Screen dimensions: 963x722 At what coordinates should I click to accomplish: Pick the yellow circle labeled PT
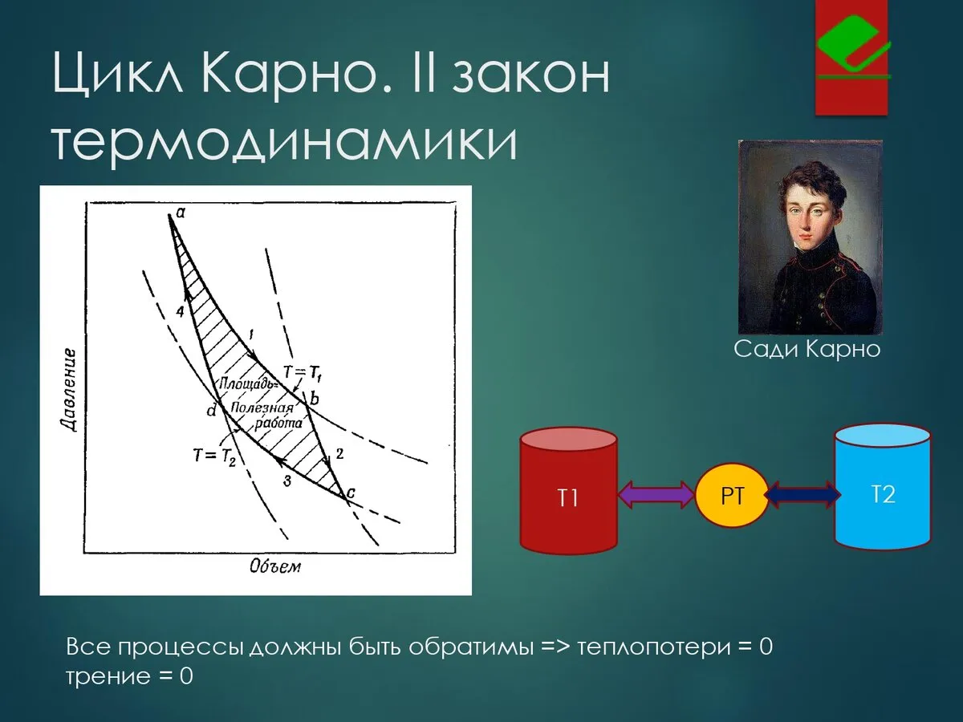click(732, 495)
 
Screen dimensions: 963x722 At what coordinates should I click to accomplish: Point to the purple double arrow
click(656, 495)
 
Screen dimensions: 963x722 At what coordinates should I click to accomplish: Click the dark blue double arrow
click(802, 495)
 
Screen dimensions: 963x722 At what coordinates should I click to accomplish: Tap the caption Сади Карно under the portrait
click(807, 350)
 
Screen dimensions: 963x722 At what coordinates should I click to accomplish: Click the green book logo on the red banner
click(853, 45)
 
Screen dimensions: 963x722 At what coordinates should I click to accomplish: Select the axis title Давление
click(68, 390)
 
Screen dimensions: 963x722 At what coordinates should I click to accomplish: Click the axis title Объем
click(275, 567)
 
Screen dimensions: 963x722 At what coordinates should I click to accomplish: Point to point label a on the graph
click(181, 213)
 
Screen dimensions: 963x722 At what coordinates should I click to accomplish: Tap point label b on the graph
click(314, 399)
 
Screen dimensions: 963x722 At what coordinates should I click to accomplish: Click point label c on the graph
click(350, 493)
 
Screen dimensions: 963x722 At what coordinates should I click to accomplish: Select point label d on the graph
click(212, 411)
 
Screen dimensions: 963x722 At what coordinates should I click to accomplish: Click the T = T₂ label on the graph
click(214, 456)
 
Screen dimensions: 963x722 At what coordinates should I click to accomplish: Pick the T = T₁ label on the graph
click(303, 373)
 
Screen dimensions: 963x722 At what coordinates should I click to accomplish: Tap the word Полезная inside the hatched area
click(262, 408)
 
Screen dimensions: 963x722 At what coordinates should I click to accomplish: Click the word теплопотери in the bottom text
click(654, 648)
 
